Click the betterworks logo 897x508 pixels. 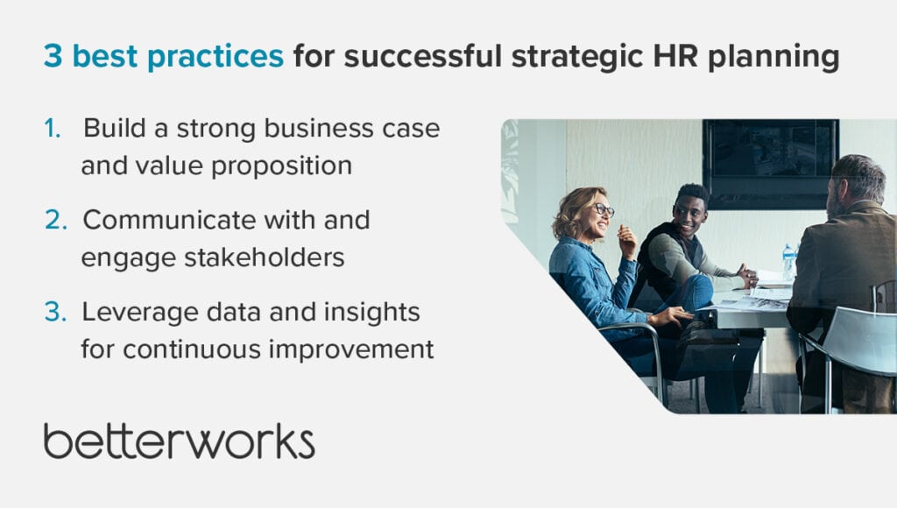coord(179,441)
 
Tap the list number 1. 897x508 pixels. coord(53,128)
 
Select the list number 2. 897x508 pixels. coord(56,220)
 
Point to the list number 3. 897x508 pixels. coord(55,312)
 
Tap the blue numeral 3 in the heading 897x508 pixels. coord(53,56)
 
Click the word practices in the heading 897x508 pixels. coord(215,57)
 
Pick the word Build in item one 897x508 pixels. coord(115,128)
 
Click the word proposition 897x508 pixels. coord(281,166)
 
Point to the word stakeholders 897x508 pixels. coord(264,257)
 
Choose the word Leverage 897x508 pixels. coord(139,313)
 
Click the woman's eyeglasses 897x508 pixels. coord(602,209)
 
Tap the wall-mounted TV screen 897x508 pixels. coord(770,164)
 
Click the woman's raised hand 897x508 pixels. coord(627,240)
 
